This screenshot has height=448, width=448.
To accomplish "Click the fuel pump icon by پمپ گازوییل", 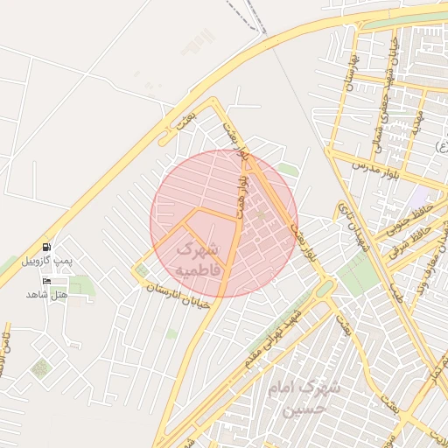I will (45, 248).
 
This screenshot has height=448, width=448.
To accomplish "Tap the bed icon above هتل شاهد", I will (45, 281).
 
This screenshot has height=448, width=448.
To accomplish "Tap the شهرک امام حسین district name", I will (295, 397).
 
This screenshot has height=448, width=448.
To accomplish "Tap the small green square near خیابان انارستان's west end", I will (142, 271).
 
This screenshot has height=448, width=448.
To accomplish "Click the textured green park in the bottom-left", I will (40, 368).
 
